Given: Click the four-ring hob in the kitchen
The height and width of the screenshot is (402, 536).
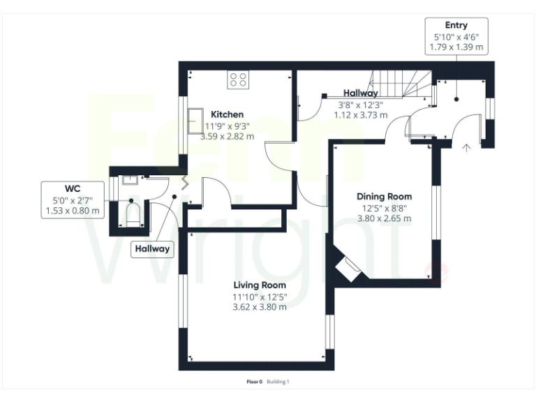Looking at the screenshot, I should pyautogui.click(x=238, y=80).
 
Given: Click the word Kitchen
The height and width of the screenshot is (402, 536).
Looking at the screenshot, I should pyautogui.click(x=228, y=114).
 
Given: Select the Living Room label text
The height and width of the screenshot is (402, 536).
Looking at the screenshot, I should pyautogui.click(x=260, y=285).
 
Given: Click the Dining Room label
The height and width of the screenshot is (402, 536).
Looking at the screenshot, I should pyautogui.click(x=384, y=197).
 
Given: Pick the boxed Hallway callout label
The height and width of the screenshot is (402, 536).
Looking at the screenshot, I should pyautogui.click(x=153, y=249).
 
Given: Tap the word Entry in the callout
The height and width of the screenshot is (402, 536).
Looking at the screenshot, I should pyautogui.click(x=456, y=26).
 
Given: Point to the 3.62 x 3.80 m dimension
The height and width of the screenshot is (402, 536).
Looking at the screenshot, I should pyautogui.click(x=260, y=307).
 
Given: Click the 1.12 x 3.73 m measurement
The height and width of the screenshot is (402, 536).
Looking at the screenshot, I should pyautogui.click(x=360, y=115).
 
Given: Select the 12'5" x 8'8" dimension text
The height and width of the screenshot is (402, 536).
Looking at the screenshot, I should pyautogui.click(x=384, y=207).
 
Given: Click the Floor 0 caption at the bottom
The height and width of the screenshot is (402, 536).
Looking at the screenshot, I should pyautogui.click(x=254, y=382).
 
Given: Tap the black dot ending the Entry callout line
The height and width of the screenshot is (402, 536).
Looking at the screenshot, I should pyautogui.click(x=456, y=98).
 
